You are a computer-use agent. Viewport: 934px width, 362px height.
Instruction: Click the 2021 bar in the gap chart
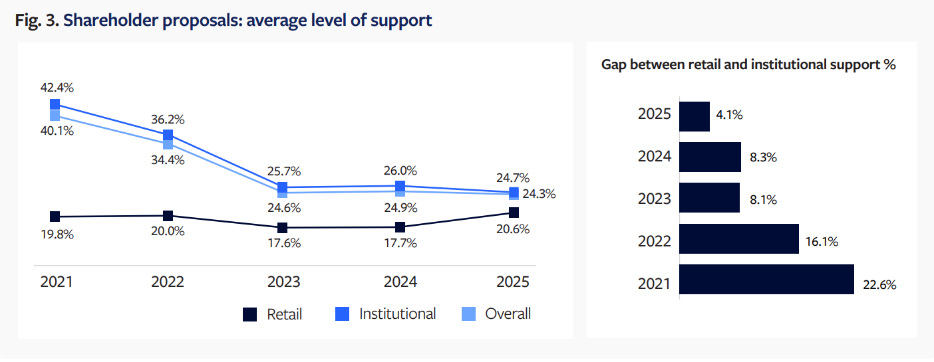766,279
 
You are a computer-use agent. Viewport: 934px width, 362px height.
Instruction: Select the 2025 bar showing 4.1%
695,116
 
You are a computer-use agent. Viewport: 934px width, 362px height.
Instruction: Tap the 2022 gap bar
738,238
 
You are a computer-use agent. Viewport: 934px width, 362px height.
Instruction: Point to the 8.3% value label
762,158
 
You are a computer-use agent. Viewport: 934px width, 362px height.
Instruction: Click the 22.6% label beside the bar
879,285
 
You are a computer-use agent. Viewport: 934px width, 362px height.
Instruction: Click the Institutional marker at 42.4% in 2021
55,104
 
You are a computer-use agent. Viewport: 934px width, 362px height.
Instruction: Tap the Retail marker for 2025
513,213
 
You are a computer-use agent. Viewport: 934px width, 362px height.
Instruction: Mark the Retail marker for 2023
282,228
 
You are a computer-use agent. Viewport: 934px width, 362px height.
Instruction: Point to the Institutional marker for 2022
168,135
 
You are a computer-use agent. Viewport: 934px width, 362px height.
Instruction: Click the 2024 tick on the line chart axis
400,282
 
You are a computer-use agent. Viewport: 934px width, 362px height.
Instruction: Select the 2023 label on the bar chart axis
654,198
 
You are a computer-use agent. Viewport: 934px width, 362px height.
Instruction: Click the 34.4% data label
168,159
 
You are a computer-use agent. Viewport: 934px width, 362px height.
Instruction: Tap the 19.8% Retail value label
57,234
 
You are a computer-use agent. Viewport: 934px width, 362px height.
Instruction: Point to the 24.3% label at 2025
539,194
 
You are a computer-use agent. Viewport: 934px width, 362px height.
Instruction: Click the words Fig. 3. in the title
37,21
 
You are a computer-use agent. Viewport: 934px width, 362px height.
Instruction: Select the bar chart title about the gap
748,64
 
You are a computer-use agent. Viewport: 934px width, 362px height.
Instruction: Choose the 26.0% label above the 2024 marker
400,171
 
